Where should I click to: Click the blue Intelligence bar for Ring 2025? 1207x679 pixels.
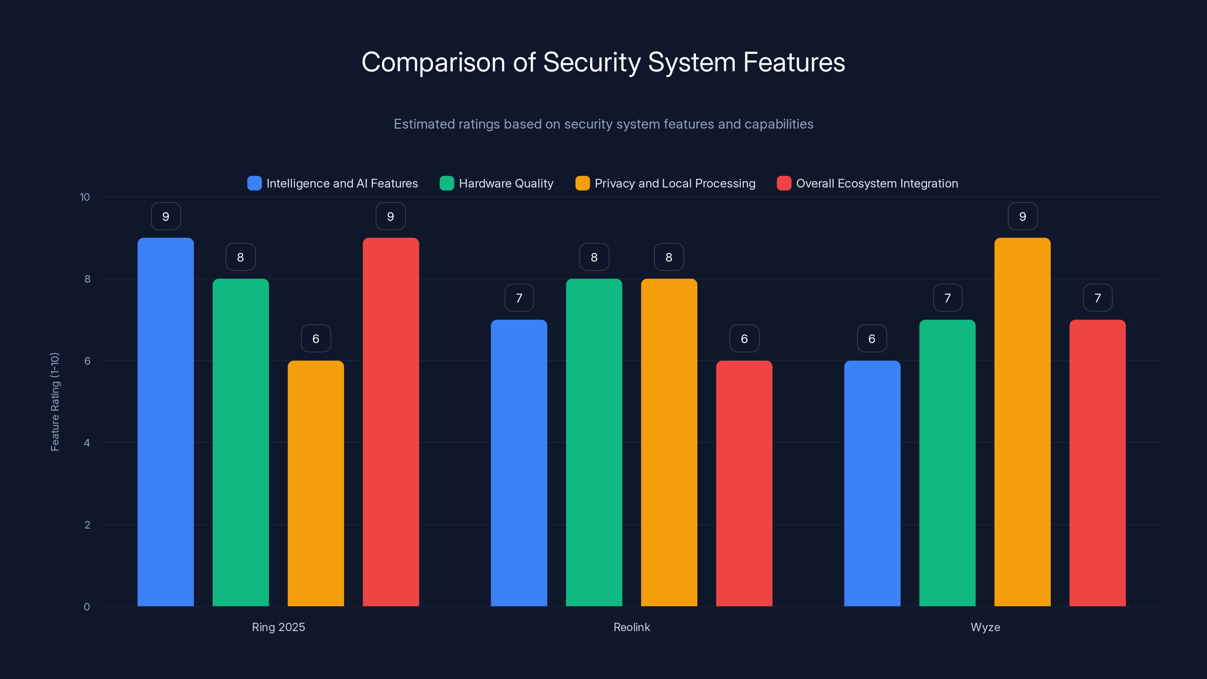click(x=166, y=422)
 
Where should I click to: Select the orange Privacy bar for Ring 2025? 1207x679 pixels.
click(x=315, y=483)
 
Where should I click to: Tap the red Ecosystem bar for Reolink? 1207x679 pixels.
click(x=744, y=483)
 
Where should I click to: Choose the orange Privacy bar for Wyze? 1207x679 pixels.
click(x=1023, y=422)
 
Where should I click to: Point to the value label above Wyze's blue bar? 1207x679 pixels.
click(x=872, y=338)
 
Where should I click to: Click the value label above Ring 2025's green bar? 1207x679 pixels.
click(x=240, y=257)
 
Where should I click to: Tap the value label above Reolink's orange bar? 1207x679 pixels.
click(x=669, y=257)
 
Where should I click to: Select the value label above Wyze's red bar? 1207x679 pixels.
click(x=1097, y=298)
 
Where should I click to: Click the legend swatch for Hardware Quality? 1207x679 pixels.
click(x=447, y=183)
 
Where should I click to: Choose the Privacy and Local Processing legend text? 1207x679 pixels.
click(x=675, y=183)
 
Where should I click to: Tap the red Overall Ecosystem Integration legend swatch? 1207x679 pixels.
click(x=784, y=183)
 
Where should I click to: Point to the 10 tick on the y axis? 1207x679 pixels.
click(x=85, y=197)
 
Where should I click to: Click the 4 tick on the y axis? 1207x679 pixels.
click(x=87, y=443)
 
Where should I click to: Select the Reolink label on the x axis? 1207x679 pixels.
click(x=632, y=627)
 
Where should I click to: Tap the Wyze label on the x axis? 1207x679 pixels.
click(x=985, y=627)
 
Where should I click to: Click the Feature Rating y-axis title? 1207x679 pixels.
click(x=55, y=402)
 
